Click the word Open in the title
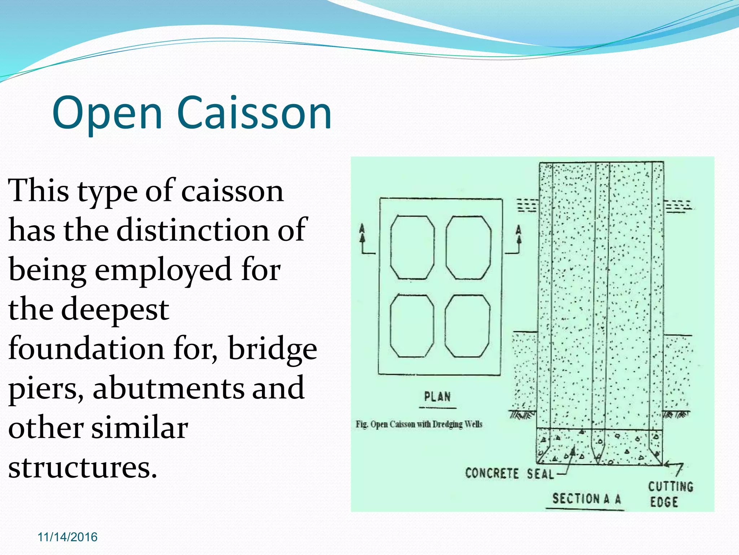click(x=107, y=113)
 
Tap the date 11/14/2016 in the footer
click(x=67, y=537)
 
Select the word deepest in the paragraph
click(x=115, y=310)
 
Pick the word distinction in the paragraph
click(x=193, y=231)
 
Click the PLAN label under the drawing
click(x=437, y=397)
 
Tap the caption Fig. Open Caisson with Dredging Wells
click(x=419, y=424)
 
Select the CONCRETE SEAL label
click(x=509, y=473)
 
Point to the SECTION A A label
click(x=586, y=499)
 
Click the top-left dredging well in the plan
click(x=412, y=248)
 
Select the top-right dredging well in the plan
click(x=468, y=248)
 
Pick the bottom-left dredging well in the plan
click(x=412, y=326)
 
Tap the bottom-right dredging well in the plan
click(x=467, y=326)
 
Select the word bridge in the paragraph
click(x=272, y=349)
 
